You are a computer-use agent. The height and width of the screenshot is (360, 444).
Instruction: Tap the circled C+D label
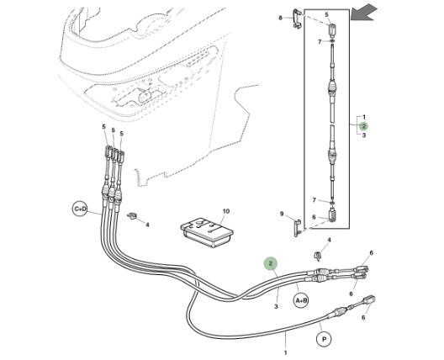[80, 209]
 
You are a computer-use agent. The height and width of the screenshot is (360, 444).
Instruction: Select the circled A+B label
[301, 300]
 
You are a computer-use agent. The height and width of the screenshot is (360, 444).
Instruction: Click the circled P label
[325, 339]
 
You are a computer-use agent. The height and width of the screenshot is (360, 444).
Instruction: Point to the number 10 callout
[225, 211]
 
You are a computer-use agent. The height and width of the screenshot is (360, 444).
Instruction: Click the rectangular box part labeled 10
[207, 232]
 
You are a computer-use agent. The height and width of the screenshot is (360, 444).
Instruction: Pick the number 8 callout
[281, 18]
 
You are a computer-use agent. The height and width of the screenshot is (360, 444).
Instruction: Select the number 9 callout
[282, 214]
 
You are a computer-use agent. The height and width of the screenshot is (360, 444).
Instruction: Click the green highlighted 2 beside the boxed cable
[363, 126]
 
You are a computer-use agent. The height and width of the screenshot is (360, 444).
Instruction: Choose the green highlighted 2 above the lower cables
[271, 264]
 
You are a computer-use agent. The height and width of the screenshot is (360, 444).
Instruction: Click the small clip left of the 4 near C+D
[132, 216]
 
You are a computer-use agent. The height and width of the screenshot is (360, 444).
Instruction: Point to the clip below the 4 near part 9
[318, 256]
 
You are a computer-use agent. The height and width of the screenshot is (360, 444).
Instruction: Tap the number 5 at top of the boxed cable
[326, 14]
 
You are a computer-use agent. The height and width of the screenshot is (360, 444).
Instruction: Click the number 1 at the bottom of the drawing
[285, 352]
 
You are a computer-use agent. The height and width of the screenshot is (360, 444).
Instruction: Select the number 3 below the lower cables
[276, 306]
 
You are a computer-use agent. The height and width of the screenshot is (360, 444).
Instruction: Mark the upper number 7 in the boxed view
[320, 42]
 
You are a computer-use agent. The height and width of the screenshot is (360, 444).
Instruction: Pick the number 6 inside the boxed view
[314, 217]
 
